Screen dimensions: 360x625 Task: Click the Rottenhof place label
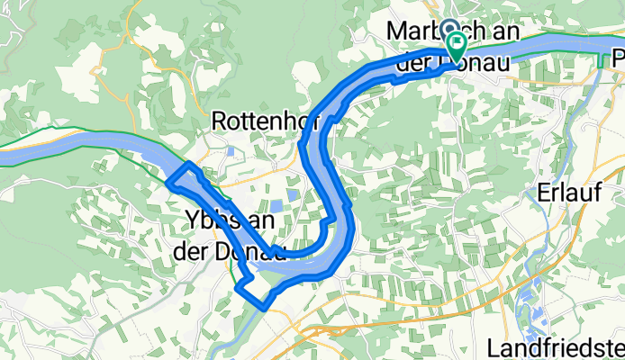coord(255,120)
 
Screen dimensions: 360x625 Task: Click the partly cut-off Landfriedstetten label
coord(555,347)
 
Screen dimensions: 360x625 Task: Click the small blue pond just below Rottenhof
coord(231,150)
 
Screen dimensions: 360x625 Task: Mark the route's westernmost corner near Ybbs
coord(168,182)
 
